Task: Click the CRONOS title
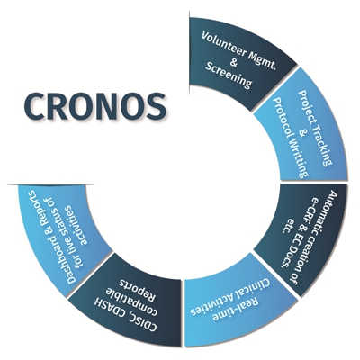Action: pos(95,107)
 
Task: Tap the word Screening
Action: pos(229,76)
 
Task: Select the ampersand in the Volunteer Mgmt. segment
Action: pos(234,62)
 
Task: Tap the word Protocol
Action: pos(283,118)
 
